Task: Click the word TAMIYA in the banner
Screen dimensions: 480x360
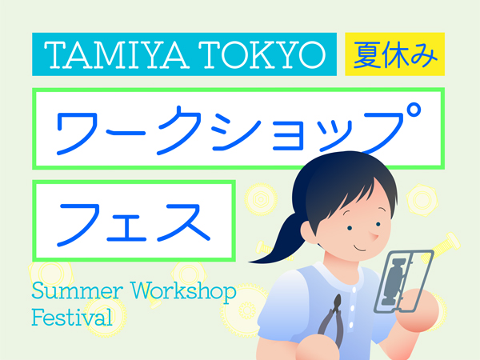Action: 116,54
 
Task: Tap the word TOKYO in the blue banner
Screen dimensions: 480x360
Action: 262,54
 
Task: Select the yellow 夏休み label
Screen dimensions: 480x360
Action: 395,54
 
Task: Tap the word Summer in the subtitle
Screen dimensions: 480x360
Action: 77,291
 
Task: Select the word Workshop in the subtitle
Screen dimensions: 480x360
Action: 184,292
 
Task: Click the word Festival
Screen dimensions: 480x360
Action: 72,317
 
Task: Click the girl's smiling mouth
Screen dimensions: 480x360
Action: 360,248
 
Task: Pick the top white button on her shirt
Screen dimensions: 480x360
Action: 354,290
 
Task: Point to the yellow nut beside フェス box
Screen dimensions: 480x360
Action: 261,199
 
